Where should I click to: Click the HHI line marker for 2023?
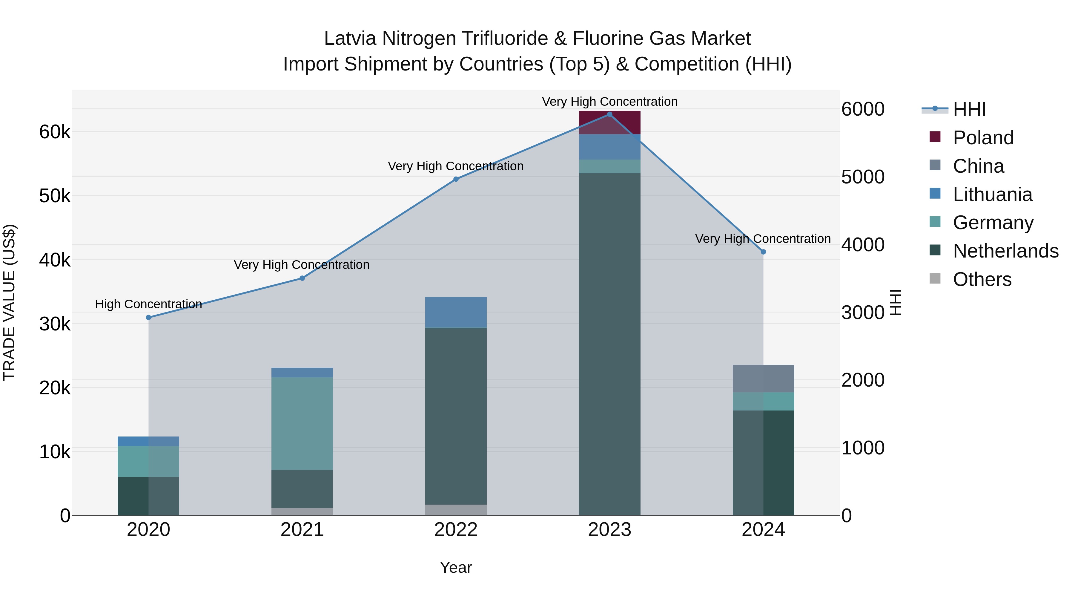(x=609, y=114)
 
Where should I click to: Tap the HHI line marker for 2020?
(x=149, y=317)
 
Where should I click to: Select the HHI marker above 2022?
(x=456, y=179)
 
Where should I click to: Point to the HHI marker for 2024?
(x=763, y=252)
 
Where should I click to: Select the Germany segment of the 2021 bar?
(x=302, y=423)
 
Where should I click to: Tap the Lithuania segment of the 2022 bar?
(x=456, y=312)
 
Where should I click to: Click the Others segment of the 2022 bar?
(x=456, y=510)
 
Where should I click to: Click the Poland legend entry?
(x=983, y=138)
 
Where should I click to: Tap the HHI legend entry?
(x=969, y=109)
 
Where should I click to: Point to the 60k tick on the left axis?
(x=55, y=132)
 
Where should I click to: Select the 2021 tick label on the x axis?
(x=302, y=530)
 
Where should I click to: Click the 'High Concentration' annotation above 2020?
(x=149, y=304)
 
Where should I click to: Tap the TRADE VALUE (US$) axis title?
(x=9, y=302)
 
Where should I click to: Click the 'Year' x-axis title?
(x=456, y=567)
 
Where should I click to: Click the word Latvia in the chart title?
(x=351, y=39)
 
